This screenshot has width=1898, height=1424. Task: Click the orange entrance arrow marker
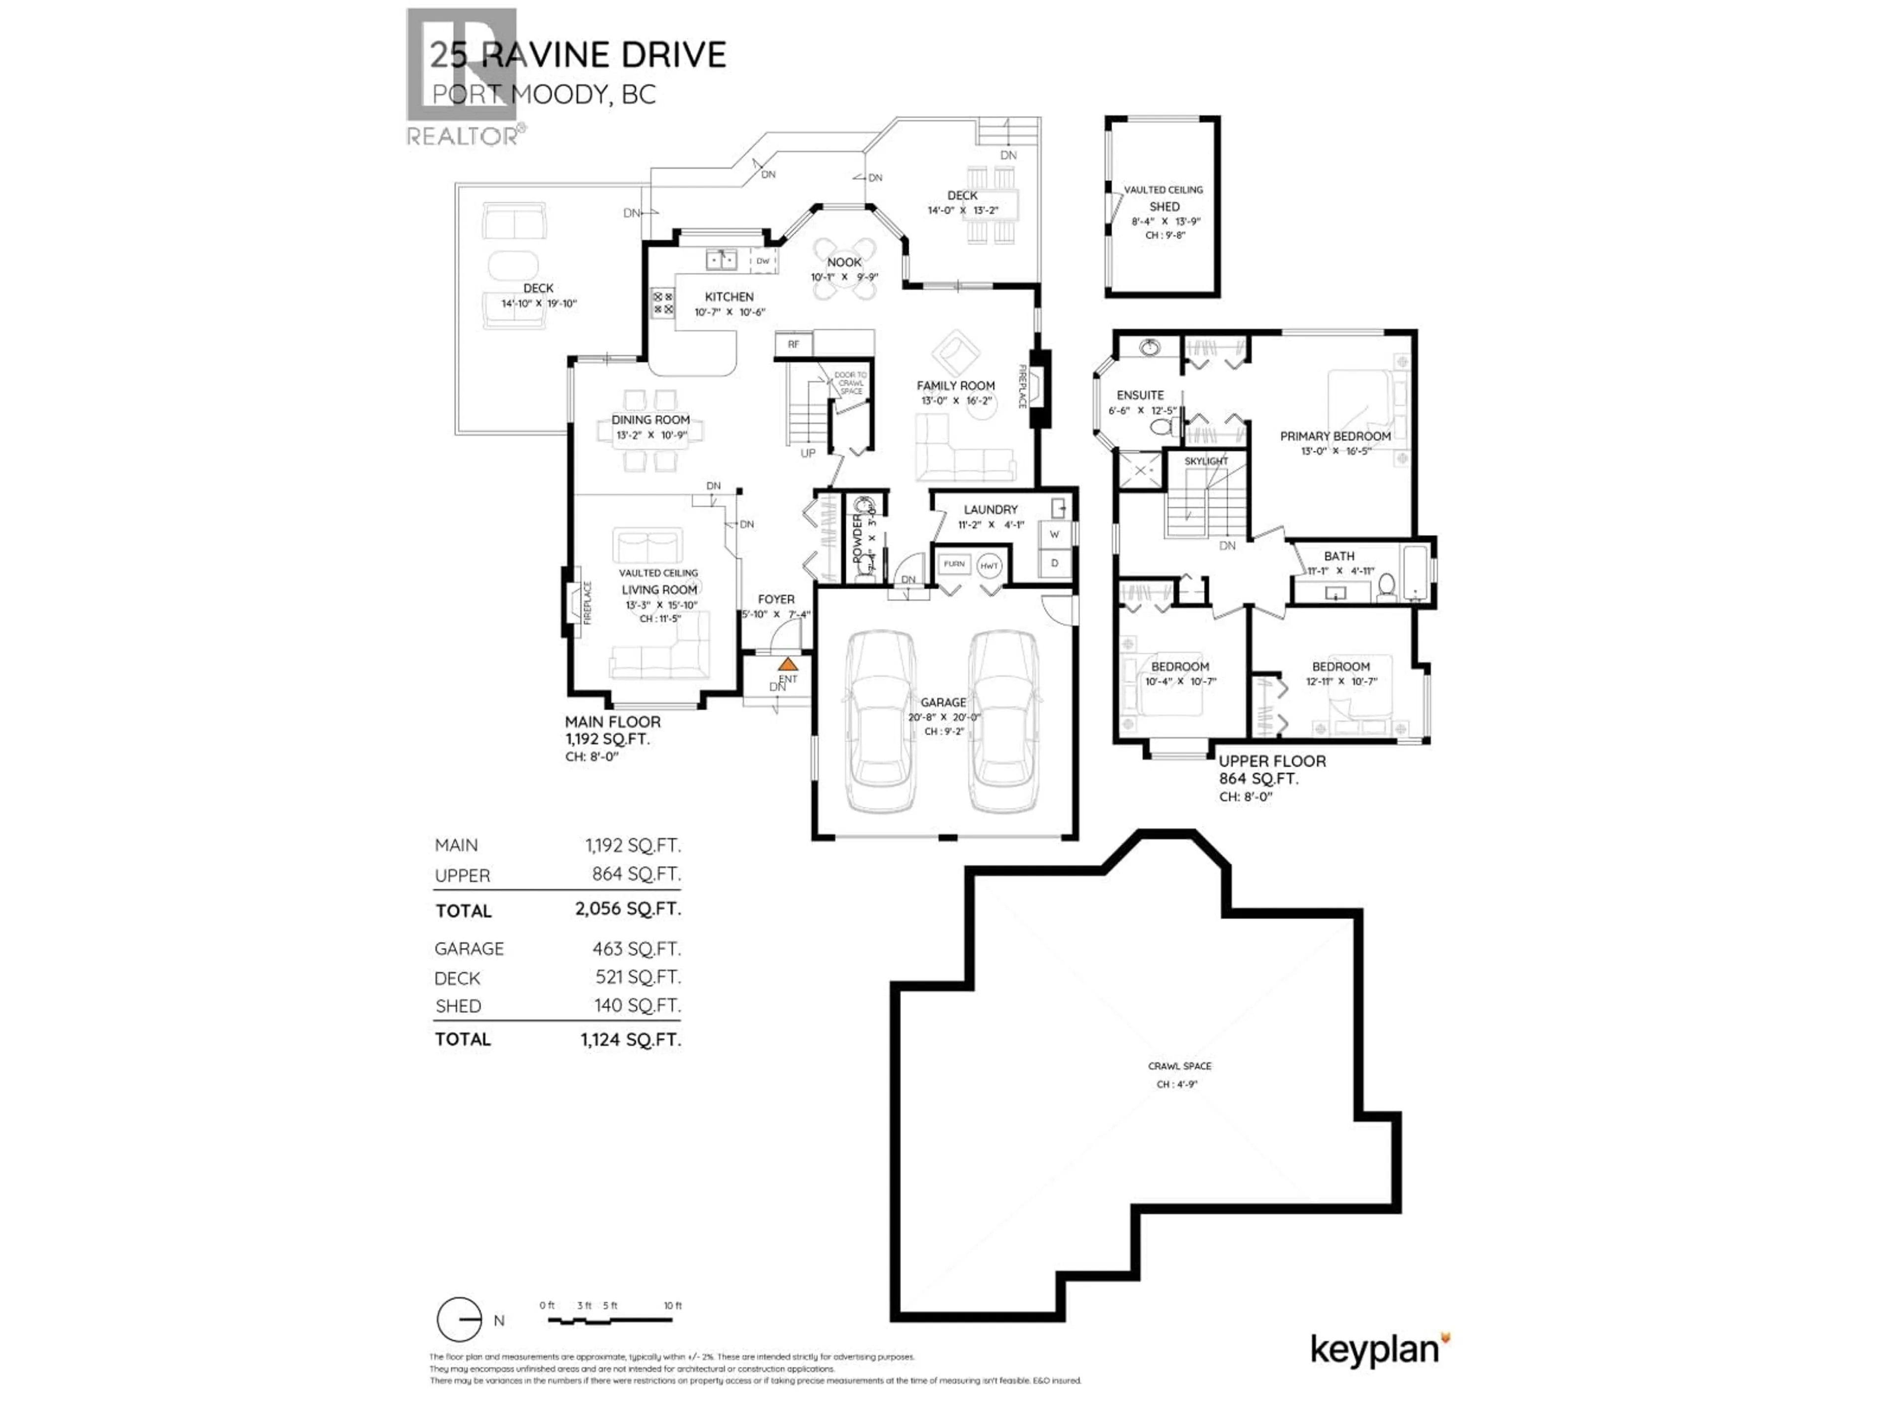pyautogui.click(x=788, y=665)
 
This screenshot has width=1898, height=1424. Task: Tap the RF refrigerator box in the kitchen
pyautogui.click(x=794, y=344)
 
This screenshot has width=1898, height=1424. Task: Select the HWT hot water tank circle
pyautogui.click(x=990, y=566)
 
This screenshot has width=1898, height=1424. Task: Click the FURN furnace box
pyautogui.click(x=954, y=564)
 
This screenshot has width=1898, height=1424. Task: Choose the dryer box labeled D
pyautogui.click(x=1055, y=563)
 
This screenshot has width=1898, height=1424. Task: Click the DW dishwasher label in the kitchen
pyautogui.click(x=763, y=260)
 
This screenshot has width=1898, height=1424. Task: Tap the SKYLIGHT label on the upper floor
pyautogui.click(x=1206, y=461)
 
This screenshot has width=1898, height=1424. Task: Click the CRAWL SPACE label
pyautogui.click(x=1180, y=1066)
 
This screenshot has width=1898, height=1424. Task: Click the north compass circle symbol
pyautogui.click(x=459, y=1319)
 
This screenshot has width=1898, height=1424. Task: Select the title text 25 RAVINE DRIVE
pyautogui.click(x=577, y=55)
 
